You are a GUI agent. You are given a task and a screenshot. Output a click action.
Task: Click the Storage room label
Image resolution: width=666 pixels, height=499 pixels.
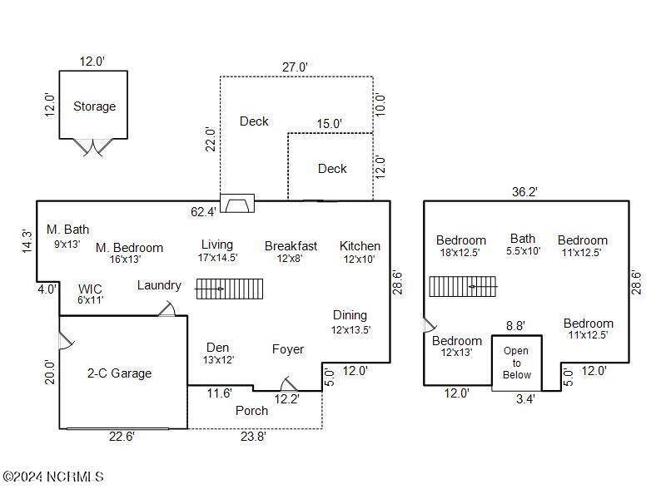click(94, 106)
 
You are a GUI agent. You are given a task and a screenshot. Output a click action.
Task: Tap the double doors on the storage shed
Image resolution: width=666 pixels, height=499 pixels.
click(92, 146)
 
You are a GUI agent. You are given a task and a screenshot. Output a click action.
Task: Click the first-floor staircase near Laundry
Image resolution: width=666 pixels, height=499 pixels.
click(229, 289)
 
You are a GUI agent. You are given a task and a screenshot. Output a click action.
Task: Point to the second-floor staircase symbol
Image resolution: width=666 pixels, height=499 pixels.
click(463, 286)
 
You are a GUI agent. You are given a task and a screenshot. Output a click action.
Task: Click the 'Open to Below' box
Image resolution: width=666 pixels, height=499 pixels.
click(516, 363)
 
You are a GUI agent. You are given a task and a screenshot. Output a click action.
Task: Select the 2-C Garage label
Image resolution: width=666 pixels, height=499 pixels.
click(120, 373)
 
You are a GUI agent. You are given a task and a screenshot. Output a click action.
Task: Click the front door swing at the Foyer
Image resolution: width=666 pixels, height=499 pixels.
click(288, 383)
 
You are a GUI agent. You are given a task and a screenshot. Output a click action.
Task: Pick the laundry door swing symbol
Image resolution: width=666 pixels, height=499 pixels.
click(167, 309)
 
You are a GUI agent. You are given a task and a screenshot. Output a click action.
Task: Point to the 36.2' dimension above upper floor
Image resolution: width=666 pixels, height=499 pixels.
click(524, 191)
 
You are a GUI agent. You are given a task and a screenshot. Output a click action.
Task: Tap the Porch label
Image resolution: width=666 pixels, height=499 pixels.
click(251, 410)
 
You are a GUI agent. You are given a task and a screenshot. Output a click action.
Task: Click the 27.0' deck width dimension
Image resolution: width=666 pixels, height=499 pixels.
click(296, 67)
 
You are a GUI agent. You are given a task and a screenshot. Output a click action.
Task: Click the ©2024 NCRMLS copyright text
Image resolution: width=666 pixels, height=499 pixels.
click(53, 477)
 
